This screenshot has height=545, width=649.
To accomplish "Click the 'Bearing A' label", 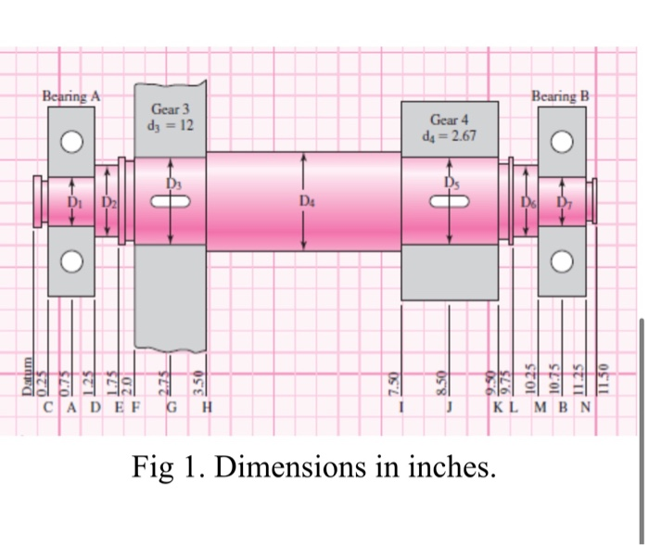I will (x=71, y=95).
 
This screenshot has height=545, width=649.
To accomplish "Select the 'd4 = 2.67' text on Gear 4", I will (x=452, y=135).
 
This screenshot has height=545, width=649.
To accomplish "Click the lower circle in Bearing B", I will (x=561, y=261).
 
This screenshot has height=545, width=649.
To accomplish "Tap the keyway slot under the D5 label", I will (x=452, y=199).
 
